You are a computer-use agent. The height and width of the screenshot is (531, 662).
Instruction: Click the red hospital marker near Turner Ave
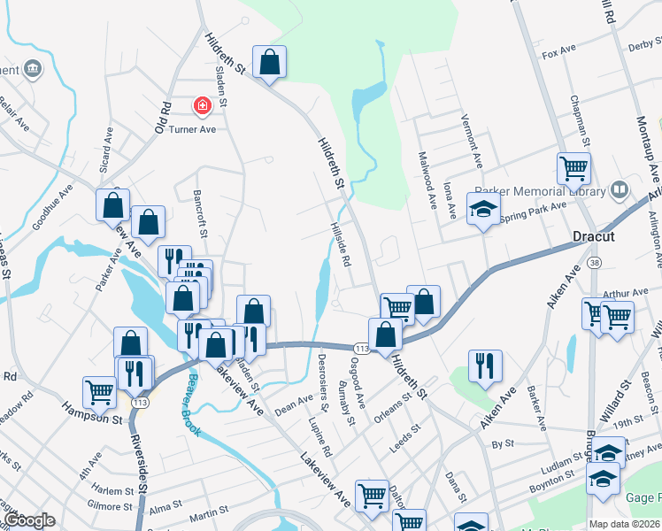(x=203, y=107)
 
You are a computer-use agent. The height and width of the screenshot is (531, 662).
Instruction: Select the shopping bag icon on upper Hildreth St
(x=270, y=63)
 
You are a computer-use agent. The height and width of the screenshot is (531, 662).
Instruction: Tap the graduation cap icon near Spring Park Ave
(x=482, y=210)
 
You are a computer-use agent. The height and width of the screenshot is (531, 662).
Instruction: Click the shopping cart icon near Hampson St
(x=99, y=393)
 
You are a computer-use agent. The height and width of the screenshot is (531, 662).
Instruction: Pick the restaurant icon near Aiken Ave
(x=485, y=366)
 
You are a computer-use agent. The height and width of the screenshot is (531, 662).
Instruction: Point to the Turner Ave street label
(x=193, y=129)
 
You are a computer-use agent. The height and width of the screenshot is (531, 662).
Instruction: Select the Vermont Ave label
(x=471, y=141)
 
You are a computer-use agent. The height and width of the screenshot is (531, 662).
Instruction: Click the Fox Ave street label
(x=559, y=54)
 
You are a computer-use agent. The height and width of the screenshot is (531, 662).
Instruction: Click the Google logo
(x=30, y=521)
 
